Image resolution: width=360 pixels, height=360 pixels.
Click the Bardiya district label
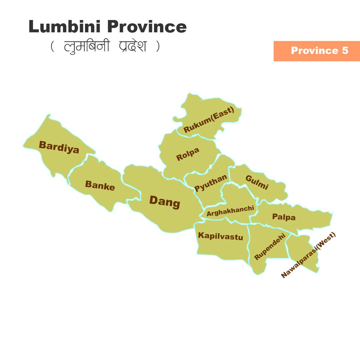pos(59,147)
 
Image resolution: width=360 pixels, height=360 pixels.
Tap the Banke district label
pos(100,185)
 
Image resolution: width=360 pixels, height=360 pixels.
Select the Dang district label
pos(165,202)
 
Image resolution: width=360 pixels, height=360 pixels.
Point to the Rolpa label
pos(188,154)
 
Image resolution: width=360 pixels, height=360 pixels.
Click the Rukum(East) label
pos(209,120)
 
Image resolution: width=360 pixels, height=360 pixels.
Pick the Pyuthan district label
pos(211,183)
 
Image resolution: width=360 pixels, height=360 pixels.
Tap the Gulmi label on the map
pos(257,182)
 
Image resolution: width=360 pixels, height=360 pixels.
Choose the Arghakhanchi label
pos(230,211)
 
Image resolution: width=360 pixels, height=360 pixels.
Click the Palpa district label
pos(284,217)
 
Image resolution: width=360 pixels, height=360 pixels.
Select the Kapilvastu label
pos(220,236)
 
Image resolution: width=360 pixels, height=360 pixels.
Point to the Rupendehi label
pos(270,247)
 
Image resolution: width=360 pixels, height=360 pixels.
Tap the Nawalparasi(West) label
pos(308,255)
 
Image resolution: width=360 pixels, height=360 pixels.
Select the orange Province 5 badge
pos(317,51)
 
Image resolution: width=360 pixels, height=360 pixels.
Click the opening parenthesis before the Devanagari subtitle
pos(52,47)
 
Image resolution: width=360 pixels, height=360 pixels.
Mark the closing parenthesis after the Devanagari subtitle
pos(158,47)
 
